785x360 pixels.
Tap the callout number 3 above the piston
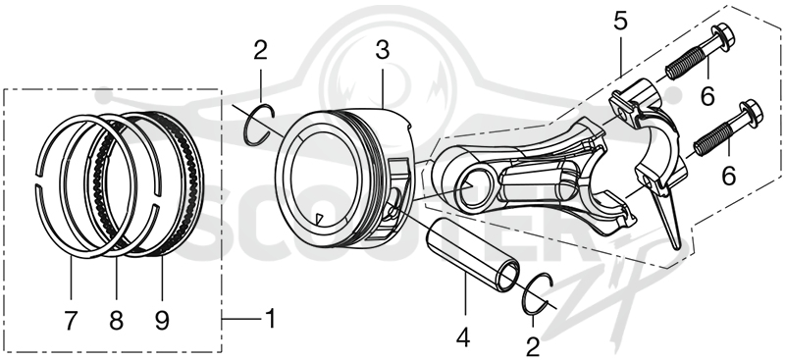382,51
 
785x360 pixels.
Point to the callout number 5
620,22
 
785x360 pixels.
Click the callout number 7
71,321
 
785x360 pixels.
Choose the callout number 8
116,321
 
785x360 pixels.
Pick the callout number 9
162,321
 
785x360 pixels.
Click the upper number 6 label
706,95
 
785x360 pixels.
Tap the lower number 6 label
728,177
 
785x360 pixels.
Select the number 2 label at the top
260,50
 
